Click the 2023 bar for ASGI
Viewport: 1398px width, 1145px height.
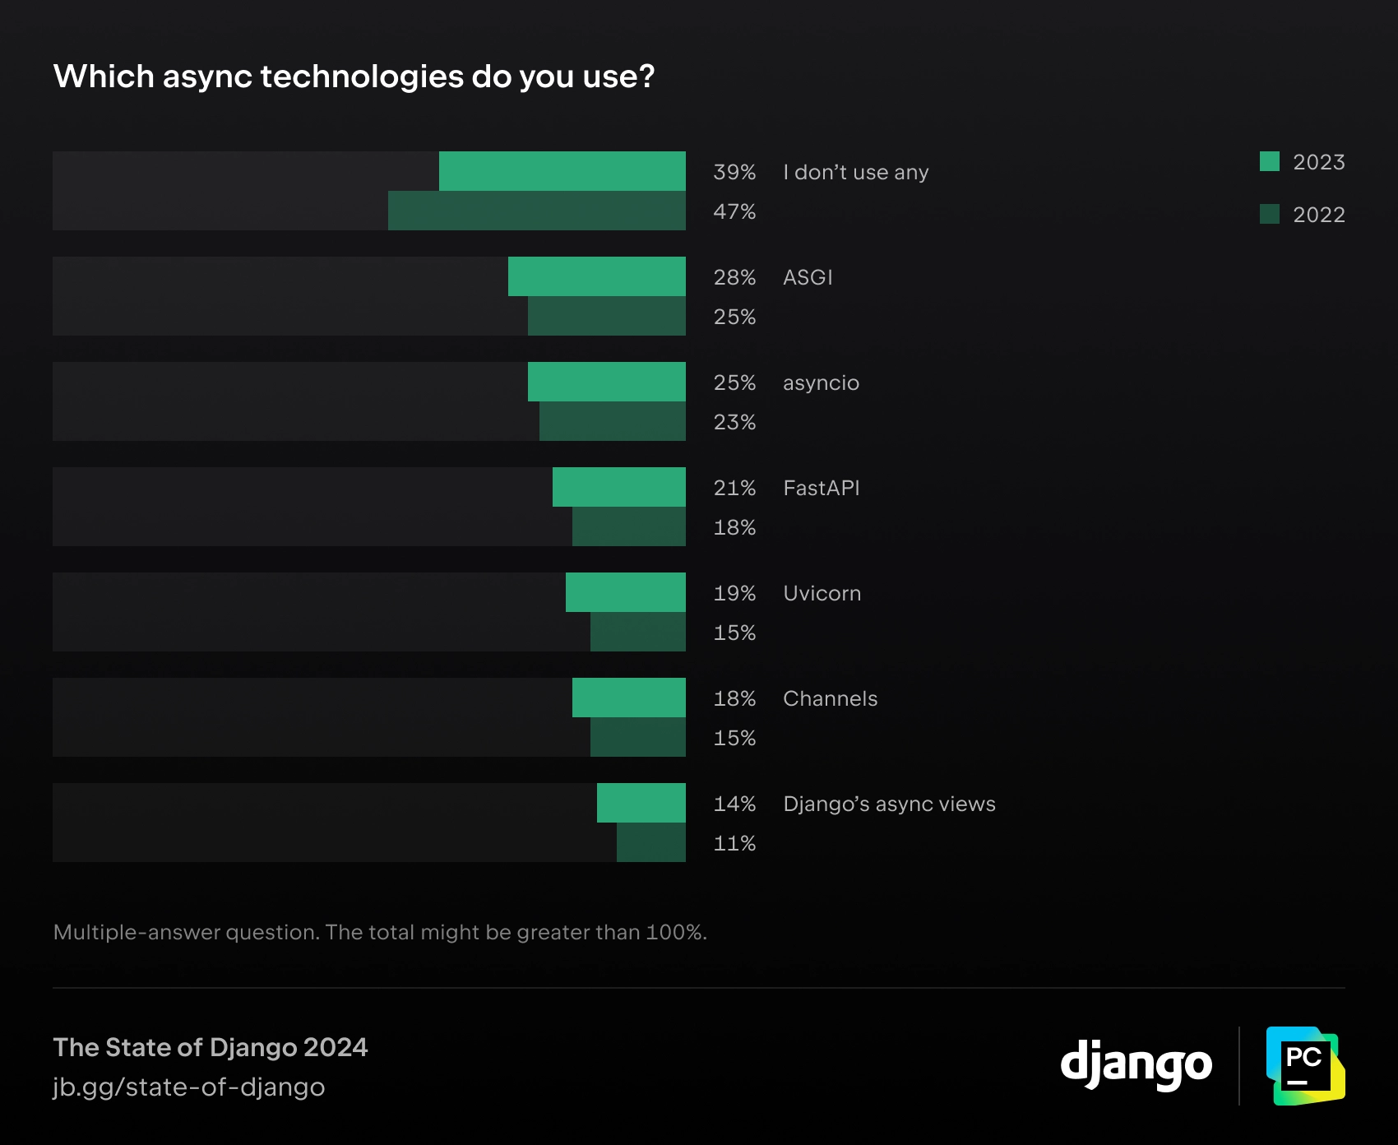(596, 276)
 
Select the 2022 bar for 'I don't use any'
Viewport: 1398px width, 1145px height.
(536, 211)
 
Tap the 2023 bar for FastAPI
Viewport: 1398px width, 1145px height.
(618, 487)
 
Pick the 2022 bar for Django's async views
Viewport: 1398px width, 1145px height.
(650, 842)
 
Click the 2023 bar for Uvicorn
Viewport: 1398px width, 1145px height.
(625, 592)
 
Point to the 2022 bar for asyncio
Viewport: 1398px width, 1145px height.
(612, 421)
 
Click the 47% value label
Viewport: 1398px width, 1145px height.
(734, 211)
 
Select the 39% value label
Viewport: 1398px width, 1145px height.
(734, 172)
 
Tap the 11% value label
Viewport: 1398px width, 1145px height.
(734, 843)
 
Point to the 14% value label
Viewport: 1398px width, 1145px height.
(734, 804)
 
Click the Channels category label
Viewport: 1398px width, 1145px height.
(830, 698)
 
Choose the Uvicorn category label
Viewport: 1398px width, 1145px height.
(822, 593)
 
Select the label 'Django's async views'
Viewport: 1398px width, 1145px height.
(889, 804)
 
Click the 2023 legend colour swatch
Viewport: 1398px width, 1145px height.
(1270, 161)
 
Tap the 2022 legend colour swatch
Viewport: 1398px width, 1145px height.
(1270, 214)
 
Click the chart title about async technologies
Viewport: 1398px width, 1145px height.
(354, 76)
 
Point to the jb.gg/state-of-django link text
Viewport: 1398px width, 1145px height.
(189, 1087)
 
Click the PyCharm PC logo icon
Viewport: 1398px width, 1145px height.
(1305, 1065)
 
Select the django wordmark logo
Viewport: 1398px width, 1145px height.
(1136, 1065)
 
